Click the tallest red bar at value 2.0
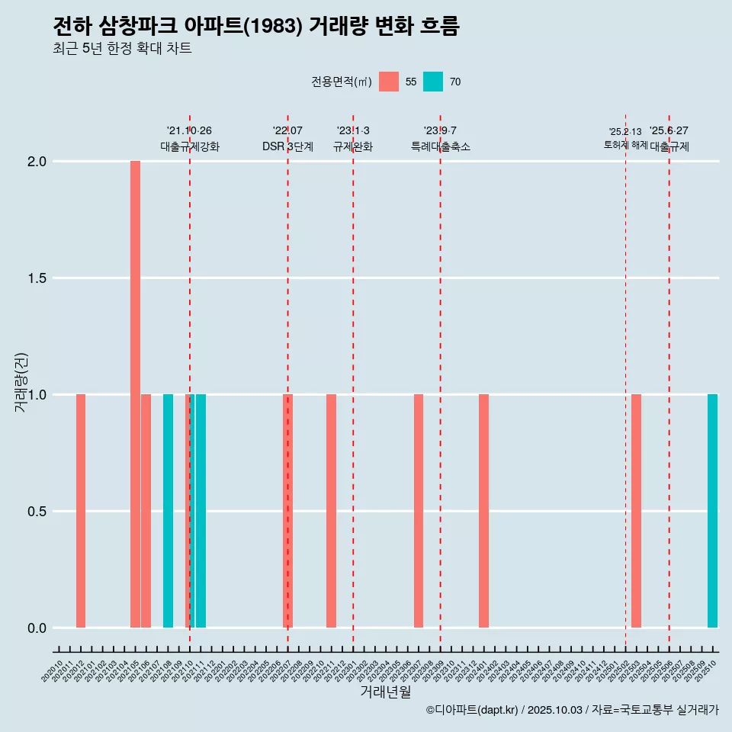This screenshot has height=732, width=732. coord(135,394)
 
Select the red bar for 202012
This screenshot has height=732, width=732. coord(81,511)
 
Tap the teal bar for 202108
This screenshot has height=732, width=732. coord(168,511)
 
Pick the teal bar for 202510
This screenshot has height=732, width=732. coord(712,511)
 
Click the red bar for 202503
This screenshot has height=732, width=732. coord(636,511)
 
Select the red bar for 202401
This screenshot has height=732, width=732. coord(483,511)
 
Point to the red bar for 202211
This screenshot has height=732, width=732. coord(331,511)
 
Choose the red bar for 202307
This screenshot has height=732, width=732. coord(419,511)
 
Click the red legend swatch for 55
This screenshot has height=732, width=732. coord(389,82)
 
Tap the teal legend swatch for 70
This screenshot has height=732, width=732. coord(433,82)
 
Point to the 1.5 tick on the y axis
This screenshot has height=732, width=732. coord(37,278)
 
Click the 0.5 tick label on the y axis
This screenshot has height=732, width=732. coord(37,512)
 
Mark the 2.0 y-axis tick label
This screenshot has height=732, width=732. coord(37,162)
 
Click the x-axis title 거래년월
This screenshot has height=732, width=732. coord(385,692)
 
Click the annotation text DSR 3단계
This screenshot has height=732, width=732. coord(287,146)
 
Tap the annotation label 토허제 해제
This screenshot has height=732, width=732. coord(625,145)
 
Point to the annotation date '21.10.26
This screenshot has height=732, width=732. coord(189,130)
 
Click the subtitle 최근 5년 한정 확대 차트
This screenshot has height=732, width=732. coord(122,49)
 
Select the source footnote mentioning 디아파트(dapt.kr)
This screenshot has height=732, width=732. coord(572,710)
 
